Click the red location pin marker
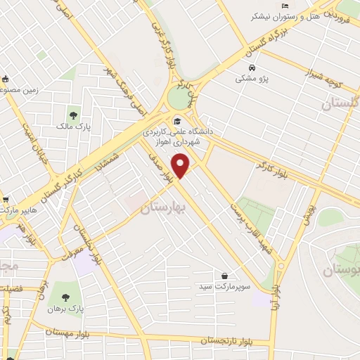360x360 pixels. [x=181, y=165]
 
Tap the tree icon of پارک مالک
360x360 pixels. [x=73, y=116]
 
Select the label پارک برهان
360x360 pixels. [x=70, y=308]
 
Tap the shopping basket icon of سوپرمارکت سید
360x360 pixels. [x=224, y=276]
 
